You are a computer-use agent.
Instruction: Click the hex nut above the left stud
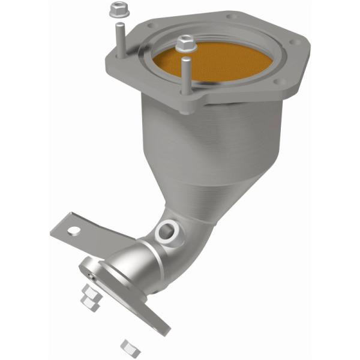[x=117, y=10]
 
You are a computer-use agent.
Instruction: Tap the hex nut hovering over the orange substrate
[x=185, y=43]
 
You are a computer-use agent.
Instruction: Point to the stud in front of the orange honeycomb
[x=185, y=75]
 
